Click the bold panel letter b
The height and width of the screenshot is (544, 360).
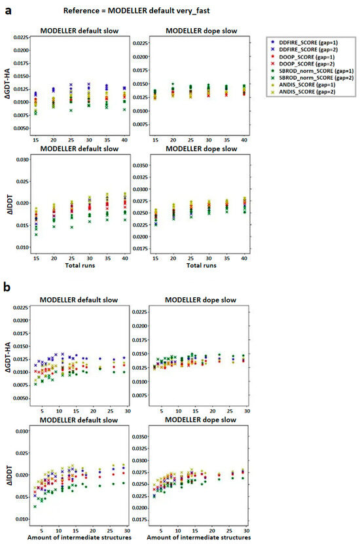pyautogui.click(x=5, y=287)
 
